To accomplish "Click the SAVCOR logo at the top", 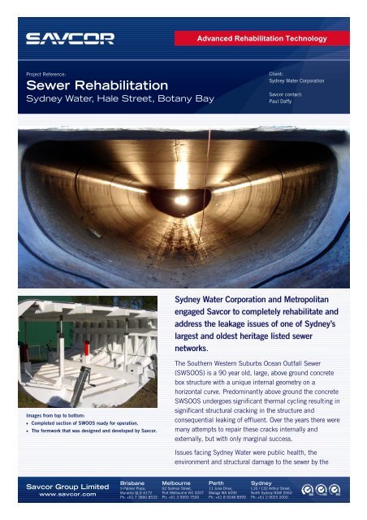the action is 71,38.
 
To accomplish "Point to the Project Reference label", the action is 52,71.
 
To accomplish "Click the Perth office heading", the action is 221,480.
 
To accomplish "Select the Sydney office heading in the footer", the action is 266,480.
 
